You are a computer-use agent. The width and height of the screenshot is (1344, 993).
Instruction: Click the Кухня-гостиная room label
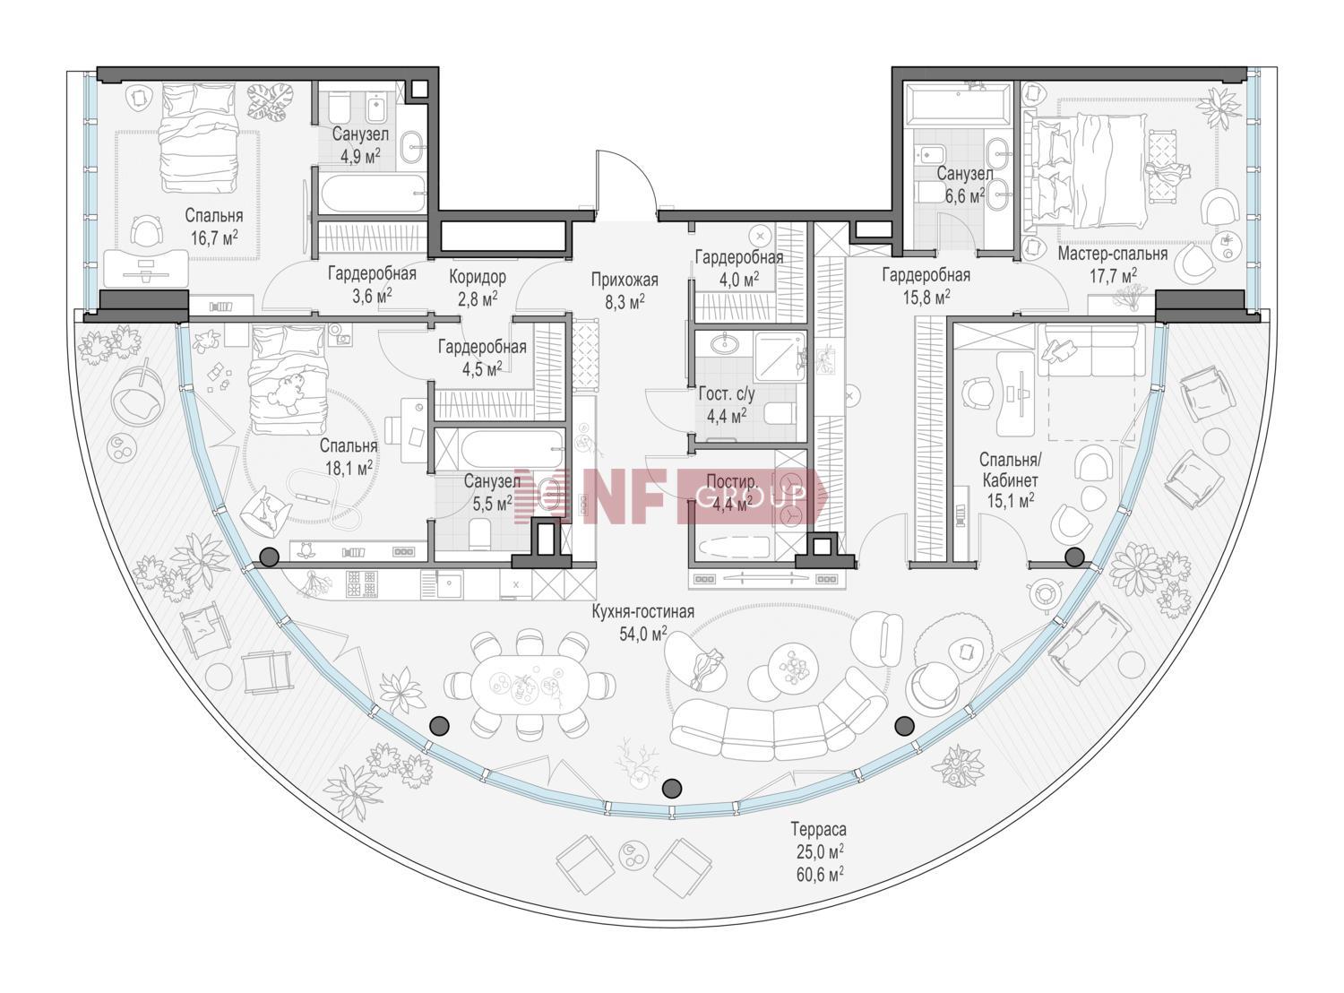(642, 611)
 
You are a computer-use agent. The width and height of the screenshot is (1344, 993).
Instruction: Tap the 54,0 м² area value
(643, 634)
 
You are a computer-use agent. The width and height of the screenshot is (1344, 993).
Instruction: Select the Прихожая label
(625, 281)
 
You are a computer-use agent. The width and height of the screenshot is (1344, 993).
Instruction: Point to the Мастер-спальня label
(1113, 254)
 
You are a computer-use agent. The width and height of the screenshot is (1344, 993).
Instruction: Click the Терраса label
(818, 829)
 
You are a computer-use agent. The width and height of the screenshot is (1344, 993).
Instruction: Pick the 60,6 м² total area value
(820, 875)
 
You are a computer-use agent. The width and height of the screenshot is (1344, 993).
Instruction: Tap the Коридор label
(478, 278)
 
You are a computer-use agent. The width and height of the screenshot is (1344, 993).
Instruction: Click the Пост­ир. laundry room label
(732, 482)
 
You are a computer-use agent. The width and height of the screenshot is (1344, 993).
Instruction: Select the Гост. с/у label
(727, 394)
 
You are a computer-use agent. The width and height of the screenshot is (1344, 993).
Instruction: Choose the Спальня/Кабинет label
(1010, 470)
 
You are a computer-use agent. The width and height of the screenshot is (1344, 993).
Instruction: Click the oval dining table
(529, 685)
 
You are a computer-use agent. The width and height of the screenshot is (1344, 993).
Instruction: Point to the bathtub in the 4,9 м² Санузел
(373, 194)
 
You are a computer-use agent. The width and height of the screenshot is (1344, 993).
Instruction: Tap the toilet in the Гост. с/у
(780, 414)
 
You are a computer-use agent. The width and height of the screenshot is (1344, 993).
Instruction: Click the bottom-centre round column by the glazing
(671, 788)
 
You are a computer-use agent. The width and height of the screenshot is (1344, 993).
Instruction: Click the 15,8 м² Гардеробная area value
(926, 298)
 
